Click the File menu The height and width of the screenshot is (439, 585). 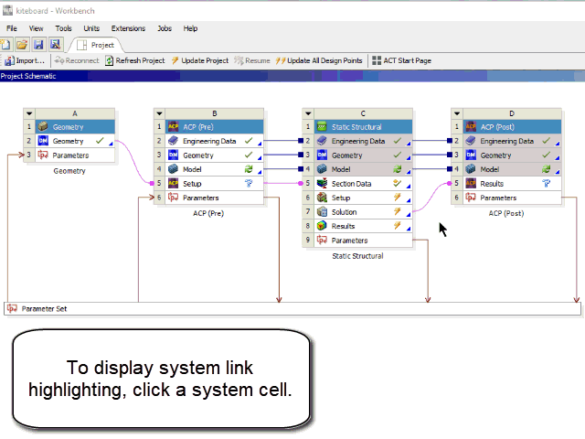click(x=12, y=28)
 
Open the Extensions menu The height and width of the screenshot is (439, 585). click(x=128, y=28)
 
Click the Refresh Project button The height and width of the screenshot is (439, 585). click(x=134, y=60)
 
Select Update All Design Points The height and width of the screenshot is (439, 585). click(x=319, y=60)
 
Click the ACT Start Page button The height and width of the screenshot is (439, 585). click(x=401, y=60)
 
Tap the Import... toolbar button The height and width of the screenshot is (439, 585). click(x=25, y=60)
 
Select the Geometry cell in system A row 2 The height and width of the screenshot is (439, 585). click(x=68, y=141)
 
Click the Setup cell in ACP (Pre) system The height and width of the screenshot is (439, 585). click(x=192, y=184)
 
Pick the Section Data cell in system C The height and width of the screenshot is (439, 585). click(x=351, y=184)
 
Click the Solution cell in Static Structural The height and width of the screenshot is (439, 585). click(x=344, y=212)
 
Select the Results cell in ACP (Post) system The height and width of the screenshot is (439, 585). click(x=492, y=184)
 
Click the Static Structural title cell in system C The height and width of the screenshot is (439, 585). click(x=356, y=127)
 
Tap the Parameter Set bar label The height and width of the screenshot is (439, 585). click(x=44, y=309)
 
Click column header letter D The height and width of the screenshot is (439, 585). click(x=512, y=113)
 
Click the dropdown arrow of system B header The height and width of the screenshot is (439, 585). click(x=159, y=113)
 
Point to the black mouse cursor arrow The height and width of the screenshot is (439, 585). click(x=442, y=230)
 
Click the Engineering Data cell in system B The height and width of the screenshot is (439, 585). click(x=209, y=141)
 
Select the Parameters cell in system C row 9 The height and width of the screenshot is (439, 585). click(x=349, y=241)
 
